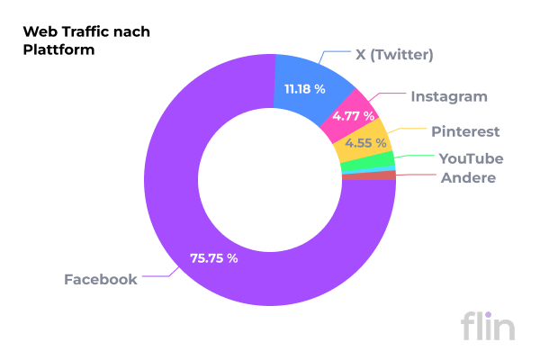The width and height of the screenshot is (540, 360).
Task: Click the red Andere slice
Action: pyautogui.click(x=369, y=175)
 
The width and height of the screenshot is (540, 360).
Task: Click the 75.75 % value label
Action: pyautogui.click(x=213, y=258)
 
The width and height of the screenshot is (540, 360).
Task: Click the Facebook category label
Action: pyautogui.click(x=100, y=279)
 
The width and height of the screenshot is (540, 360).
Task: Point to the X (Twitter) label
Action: pyautogui.click(x=394, y=55)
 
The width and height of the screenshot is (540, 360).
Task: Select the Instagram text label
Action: pyautogui.click(x=449, y=96)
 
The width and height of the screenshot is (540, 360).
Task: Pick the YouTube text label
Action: pyautogui.click(x=471, y=158)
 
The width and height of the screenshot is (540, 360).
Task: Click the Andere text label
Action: pyautogui.click(x=468, y=177)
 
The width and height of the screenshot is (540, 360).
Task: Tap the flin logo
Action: pyautogui.click(x=488, y=324)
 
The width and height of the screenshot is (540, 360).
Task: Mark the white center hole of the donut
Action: pyautogui.click(x=270, y=179)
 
